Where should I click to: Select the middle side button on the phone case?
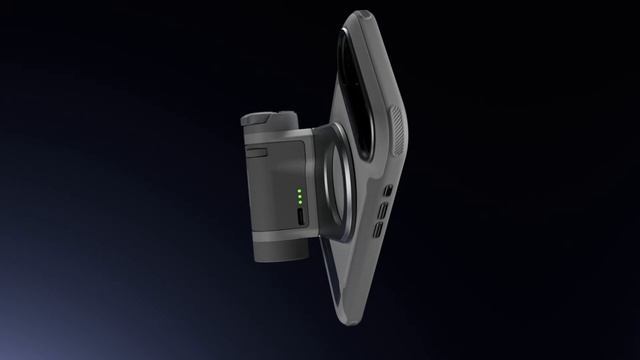click(380, 211)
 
